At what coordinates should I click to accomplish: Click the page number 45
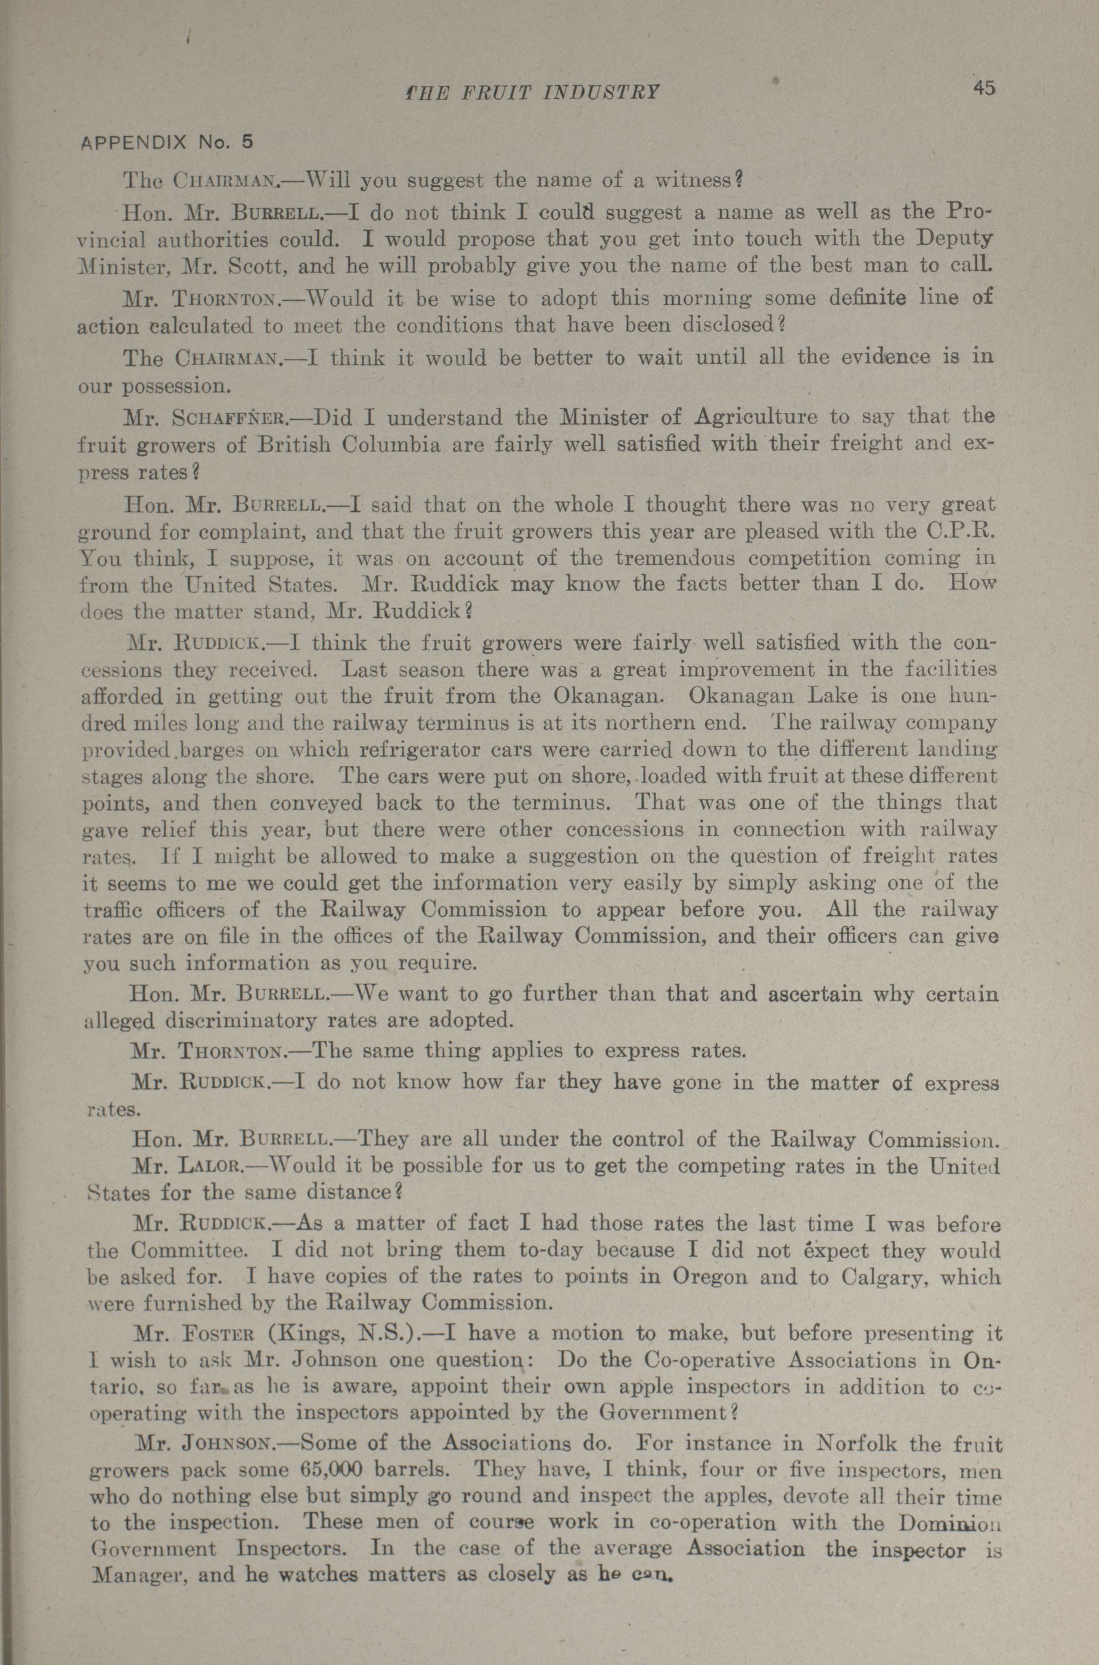click(x=983, y=89)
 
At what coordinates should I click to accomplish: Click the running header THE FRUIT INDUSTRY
click(x=533, y=92)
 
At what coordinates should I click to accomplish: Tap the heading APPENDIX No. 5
click(x=166, y=143)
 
